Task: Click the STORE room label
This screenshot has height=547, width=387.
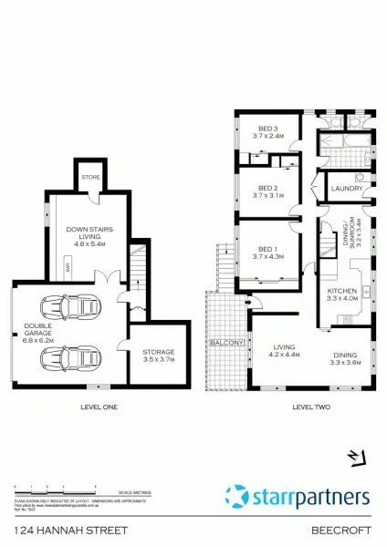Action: pyautogui.click(x=89, y=178)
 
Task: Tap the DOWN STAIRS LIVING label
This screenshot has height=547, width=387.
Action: pyautogui.click(x=88, y=236)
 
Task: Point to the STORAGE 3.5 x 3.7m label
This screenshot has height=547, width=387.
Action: pyautogui.click(x=159, y=356)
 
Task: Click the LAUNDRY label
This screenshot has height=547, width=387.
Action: pyautogui.click(x=347, y=189)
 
